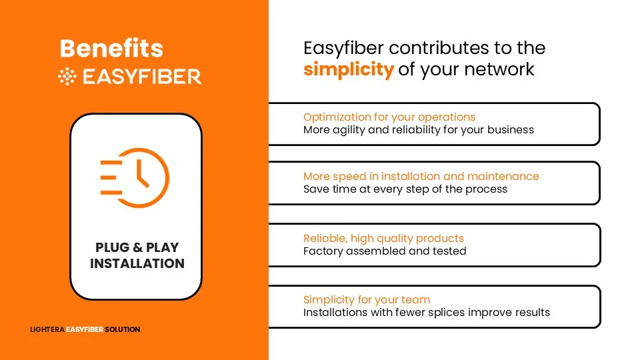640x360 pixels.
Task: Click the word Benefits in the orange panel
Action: tap(111, 48)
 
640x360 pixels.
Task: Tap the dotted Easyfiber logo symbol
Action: tap(67, 77)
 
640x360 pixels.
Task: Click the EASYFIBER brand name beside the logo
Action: tap(142, 77)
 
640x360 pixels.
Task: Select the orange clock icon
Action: tap(135, 177)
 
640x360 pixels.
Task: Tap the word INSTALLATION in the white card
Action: tap(137, 263)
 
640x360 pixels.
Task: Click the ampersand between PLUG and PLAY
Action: tap(137, 247)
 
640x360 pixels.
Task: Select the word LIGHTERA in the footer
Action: tap(47, 329)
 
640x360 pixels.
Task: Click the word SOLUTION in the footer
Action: tap(123, 329)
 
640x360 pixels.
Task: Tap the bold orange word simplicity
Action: tap(349, 69)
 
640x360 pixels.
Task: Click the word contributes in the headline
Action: tap(439, 48)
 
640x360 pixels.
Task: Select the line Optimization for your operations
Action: tap(389, 117)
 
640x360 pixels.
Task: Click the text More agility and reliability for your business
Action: tap(419, 130)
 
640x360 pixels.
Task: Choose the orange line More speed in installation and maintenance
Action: tap(421, 176)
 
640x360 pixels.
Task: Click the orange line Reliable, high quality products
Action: tap(384, 239)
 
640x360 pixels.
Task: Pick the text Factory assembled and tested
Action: tap(385, 251)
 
